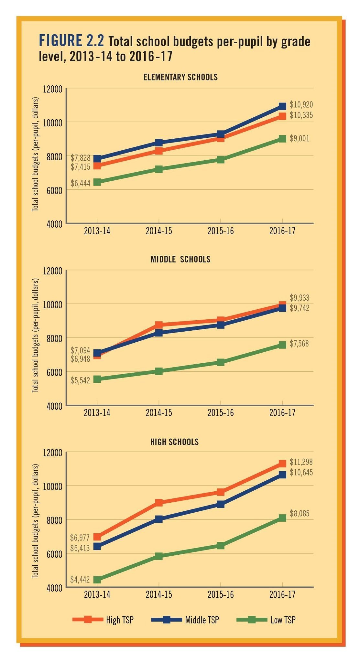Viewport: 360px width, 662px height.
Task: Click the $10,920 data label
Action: [x=301, y=105]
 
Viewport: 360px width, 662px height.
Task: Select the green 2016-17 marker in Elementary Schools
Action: [x=282, y=139]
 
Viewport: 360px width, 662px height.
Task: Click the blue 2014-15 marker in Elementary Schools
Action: [x=159, y=143]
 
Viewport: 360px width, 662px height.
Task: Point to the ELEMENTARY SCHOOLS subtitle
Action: [x=180, y=77]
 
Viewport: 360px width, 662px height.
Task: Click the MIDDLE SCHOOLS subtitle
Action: [x=180, y=259]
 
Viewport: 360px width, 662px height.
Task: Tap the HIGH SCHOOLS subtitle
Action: [x=175, y=442]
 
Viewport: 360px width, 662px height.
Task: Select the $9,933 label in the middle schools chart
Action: [x=300, y=298]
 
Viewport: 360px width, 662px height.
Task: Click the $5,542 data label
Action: [x=81, y=380]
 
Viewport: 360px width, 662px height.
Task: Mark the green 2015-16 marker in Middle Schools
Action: [x=221, y=362]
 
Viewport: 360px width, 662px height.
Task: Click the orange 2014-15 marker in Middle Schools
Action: [x=159, y=325]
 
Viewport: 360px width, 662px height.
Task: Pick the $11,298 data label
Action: [x=301, y=462]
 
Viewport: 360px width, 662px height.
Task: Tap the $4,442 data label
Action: [x=80, y=580]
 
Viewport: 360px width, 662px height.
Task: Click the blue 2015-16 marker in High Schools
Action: [x=221, y=504]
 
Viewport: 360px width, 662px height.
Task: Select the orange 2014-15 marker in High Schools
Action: [x=159, y=502]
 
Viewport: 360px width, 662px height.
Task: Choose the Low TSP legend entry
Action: [x=266, y=620]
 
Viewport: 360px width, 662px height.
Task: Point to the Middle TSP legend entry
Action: [x=185, y=620]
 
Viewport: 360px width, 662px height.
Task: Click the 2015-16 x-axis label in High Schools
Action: [x=221, y=595]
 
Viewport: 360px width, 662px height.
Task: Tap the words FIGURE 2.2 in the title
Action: [x=71, y=41]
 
